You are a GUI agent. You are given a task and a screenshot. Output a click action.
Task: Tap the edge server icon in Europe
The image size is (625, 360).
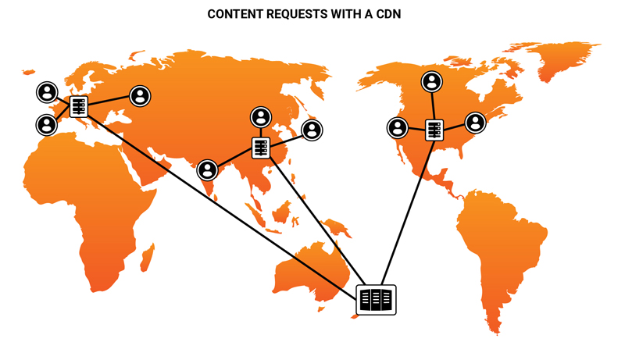click(79, 107)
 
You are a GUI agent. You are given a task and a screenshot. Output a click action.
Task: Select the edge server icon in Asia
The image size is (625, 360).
click(261, 148)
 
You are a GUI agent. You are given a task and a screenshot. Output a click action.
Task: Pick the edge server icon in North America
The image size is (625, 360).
click(434, 130)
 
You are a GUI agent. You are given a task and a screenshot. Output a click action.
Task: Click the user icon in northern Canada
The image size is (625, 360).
click(432, 81)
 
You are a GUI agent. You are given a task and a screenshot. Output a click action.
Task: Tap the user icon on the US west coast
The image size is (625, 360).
click(398, 127)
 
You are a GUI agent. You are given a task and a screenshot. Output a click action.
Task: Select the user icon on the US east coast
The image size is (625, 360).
click(476, 123)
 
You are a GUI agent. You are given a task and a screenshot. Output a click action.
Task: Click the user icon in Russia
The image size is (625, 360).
click(141, 96)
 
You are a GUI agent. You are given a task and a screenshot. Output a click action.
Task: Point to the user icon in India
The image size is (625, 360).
click(207, 169)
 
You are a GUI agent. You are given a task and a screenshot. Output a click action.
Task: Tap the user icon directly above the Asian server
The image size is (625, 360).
click(261, 117)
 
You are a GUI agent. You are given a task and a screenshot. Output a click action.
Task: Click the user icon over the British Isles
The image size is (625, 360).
click(47, 93)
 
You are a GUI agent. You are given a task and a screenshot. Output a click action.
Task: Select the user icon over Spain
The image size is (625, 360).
click(46, 124)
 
